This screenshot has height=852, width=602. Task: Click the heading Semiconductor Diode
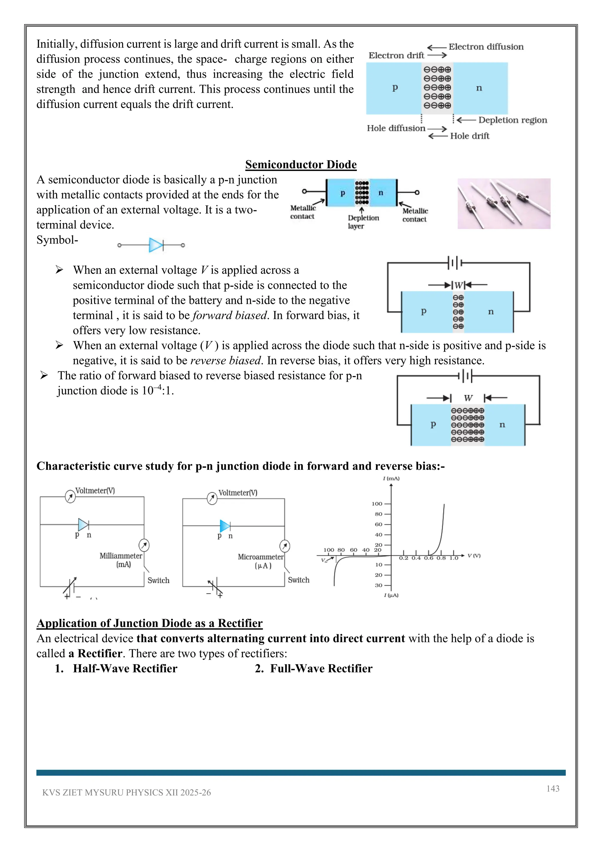click(x=301, y=164)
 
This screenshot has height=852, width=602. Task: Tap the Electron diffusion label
click(x=486, y=47)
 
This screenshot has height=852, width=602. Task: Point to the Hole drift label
click(x=469, y=136)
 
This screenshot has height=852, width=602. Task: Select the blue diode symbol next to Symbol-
click(x=156, y=245)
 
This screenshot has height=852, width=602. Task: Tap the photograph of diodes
click(x=504, y=203)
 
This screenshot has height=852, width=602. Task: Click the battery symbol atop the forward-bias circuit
click(x=455, y=263)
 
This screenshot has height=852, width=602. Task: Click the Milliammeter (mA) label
click(x=121, y=560)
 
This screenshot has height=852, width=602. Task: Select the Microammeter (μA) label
click(x=261, y=561)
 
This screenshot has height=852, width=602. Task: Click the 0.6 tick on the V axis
click(x=429, y=558)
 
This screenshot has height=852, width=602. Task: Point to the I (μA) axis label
click(x=391, y=595)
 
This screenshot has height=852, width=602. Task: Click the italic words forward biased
click(x=230, y=315)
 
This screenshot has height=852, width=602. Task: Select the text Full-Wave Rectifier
click(x=321, y=668)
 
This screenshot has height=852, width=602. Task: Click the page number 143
click(x=553, y=788)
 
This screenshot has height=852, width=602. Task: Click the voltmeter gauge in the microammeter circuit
click(x=212, y=498)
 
